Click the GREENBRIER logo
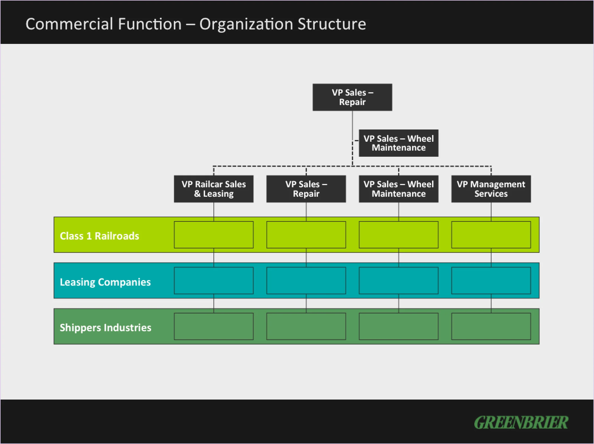(521, 423)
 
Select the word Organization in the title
(246, 24)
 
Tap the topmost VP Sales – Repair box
(352, 97)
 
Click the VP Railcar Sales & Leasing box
(214, 189)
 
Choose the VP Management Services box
(491, 189)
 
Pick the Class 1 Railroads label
(99, 236)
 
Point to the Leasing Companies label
(105, 282)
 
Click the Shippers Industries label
(105, 328)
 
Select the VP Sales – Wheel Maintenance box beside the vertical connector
(398, 143)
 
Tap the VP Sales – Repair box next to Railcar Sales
(306, 189)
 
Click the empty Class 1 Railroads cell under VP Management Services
(491, 235)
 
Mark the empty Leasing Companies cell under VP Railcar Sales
(214, 281)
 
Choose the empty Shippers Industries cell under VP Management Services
(491, 326)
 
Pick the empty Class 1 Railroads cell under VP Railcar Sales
(214, 235)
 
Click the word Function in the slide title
(150, 24)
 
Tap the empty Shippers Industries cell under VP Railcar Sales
(214, 326)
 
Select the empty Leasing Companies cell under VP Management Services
(491, 281)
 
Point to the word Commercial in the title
(69, 24)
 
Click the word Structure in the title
(332, 24)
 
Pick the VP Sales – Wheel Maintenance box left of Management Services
(398, 189)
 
